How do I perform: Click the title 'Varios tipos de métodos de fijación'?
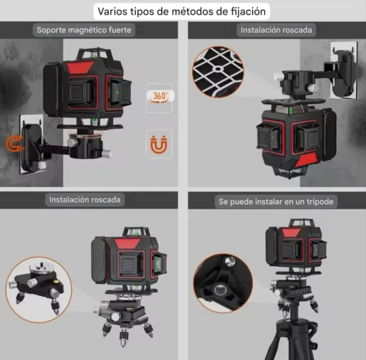point(182,11)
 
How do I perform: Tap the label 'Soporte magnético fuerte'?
point(84,30)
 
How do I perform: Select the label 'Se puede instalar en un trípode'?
point(276,202)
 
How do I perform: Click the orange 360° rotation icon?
point(160,97)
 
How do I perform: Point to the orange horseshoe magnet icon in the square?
point(159,145)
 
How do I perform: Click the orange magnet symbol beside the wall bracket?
point(14,144)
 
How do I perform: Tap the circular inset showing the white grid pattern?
point(218,72)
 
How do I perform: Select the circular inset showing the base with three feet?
point(39,290)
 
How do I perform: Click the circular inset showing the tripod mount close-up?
point(223,283)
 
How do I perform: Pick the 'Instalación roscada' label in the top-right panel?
point(276,30)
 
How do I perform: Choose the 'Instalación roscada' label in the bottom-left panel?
point(85,200)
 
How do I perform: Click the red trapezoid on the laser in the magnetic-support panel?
point(80,67)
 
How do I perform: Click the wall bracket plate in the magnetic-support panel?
point(32,145)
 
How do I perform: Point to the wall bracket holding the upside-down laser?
point(343,70)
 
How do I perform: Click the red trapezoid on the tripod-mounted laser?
point(291,233)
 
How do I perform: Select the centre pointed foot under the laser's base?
point(124,337)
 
